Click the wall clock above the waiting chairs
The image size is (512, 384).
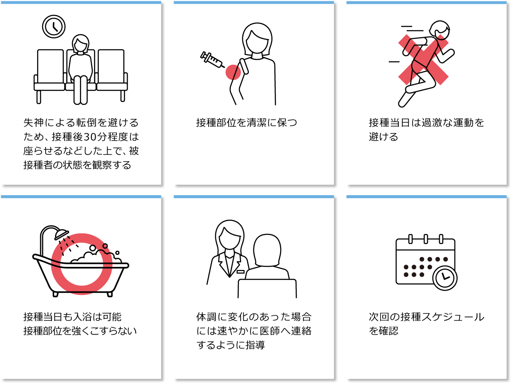(54, 26)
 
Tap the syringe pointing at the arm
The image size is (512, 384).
(212, 60)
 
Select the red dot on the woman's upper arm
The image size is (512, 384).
(233, 72)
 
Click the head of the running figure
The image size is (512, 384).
(440, 30)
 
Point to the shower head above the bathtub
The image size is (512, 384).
(61, 234)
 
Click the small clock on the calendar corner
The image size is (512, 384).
(445, 278)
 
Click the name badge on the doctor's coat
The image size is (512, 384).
(241, 271)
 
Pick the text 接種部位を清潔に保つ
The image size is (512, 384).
(247, 123)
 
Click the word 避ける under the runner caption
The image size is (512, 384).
(383, 137)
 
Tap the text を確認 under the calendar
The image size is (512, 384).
(383, 331)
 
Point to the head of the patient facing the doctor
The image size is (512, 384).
(268, 250)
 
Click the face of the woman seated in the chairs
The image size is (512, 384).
(81, 45)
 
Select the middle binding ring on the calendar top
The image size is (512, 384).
(426, 239)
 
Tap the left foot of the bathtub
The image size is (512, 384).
(55, 294)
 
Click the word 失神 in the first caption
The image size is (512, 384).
(33, 123)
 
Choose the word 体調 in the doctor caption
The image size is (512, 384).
(206, 317)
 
